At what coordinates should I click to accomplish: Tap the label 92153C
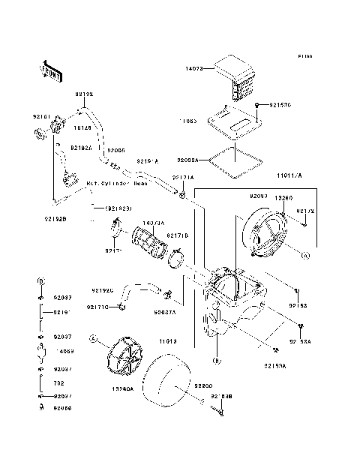click(x=277, y=105)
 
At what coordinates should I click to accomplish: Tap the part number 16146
click(x=82, y=129)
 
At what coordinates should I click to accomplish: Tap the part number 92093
click(x=259, y=195)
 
